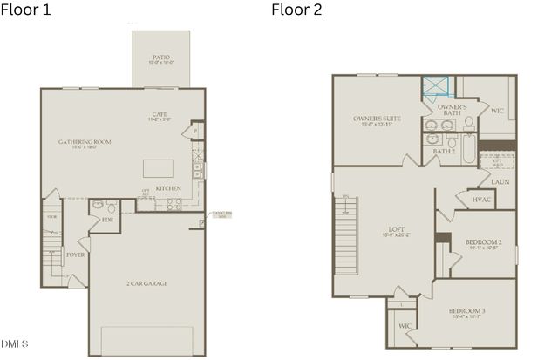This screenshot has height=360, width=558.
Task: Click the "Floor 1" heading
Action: pyautogui.click(x=27, y=10)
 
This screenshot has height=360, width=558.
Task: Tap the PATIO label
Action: pyautogui.click(x=161, y=58)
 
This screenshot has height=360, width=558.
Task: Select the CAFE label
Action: pyautogui.click(x=159, y=114)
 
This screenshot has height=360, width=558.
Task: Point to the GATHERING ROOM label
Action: pyautogui.click(x=85, y=141)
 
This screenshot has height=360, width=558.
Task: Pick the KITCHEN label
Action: pyautogui.click(x=168, y=188)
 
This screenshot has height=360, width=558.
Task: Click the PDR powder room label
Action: pyautogui.click(x=107, y=220)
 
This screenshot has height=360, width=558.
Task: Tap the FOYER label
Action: pyautogui.click(x=75, y=255)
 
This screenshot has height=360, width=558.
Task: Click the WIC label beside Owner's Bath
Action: pyautogui.click(x=496, y=111)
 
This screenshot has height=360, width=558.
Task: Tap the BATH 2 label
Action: pyautogui.click(x=444, y=151)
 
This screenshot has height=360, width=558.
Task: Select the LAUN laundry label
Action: pyautogui.click(x=500, y=181)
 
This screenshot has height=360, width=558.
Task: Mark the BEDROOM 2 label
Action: pyautogui.click(x=482, y=241)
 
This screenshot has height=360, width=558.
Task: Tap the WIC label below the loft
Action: pyautogui.click(x=405, y=326)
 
